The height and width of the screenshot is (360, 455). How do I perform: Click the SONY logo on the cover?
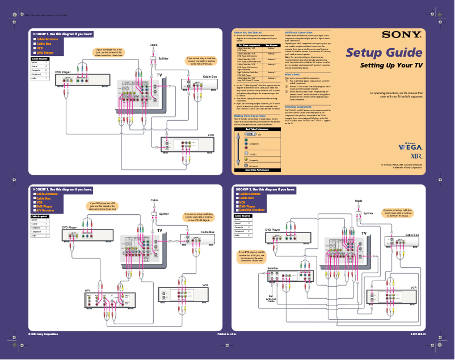coord(401,35)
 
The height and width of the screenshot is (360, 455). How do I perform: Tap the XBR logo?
coord(416,155)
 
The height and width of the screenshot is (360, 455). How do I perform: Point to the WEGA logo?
coord(410,146)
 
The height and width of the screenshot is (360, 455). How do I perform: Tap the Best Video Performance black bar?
coord(256,129)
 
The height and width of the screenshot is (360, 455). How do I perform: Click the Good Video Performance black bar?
coord(256,170)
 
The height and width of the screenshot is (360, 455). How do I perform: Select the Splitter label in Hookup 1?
coord(163,58)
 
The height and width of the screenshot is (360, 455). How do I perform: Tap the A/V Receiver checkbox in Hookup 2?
coord(34,210)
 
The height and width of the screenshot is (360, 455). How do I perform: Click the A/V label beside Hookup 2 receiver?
coord(87,291)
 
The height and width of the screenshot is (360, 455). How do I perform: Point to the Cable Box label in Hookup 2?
coord(208,232)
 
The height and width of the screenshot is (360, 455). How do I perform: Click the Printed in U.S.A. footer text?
coord(227,335)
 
